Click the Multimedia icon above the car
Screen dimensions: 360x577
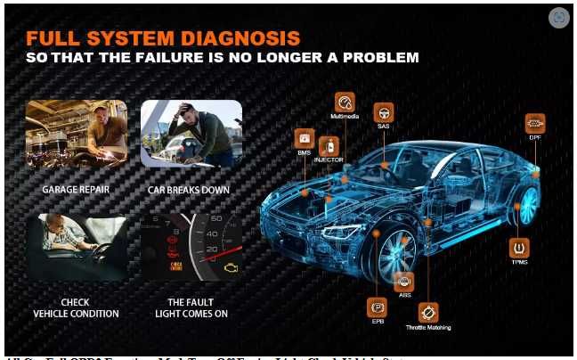(345, 102)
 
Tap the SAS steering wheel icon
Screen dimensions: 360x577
(384, 113)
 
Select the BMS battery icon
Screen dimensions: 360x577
(304, 139)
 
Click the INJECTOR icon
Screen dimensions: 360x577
(329, 145)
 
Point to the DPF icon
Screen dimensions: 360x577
(534, 124)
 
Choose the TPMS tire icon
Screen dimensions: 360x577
(518, 248)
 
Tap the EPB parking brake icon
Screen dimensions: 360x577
(378, 307)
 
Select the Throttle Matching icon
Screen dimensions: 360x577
(428, 313)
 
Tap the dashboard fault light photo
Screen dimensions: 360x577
(191, 247)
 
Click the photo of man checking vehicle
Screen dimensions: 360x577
(76, 247)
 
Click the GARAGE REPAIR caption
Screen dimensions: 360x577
(76, 190)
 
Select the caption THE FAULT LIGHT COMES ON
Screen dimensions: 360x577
(191, 307)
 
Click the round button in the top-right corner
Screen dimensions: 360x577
(558, 17)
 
